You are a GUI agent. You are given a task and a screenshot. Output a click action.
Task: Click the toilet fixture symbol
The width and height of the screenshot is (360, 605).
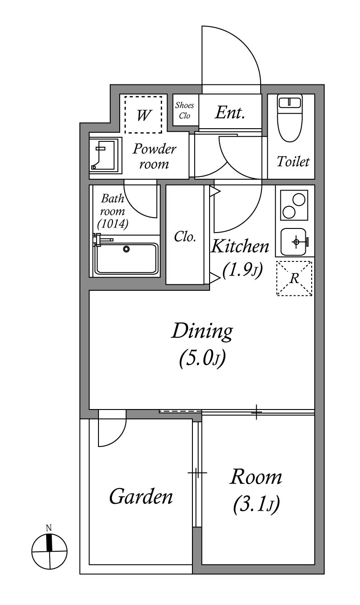coord(290,118)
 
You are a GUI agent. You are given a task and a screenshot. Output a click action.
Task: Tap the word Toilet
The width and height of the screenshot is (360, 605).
coord(293,162)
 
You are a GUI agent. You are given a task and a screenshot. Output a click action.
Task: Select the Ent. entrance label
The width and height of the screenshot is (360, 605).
coord(230,112)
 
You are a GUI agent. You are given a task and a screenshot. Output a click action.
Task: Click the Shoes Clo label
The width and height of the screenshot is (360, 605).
coord(185,110)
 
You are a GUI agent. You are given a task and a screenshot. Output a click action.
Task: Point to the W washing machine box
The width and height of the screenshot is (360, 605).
coord(143,115)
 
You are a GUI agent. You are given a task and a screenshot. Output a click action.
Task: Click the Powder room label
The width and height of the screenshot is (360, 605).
coord(154,156)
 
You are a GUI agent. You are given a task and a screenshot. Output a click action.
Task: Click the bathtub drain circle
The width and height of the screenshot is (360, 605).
coord(126,249)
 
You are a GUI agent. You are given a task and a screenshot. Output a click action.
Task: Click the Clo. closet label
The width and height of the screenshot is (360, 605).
coord(185,237)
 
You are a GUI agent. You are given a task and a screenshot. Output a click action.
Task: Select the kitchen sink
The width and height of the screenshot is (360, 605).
coord(295,242)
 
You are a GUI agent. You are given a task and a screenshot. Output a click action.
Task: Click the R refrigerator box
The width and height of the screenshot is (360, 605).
coord(294,278)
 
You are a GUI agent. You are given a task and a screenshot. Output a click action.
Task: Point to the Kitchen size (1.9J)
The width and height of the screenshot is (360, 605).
coord(243,270)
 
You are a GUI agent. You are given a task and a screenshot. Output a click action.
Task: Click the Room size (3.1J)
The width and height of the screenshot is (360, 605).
coord(256,503)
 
